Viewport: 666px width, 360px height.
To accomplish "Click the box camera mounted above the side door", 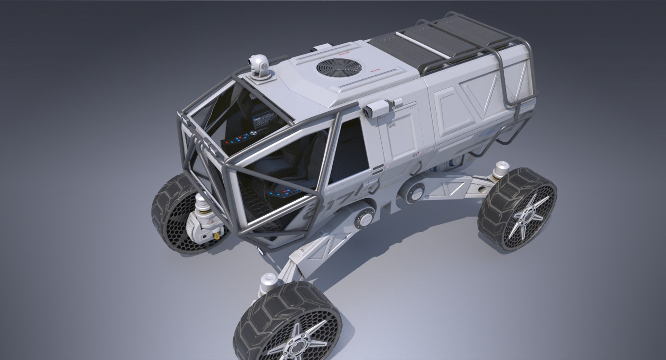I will tap(377, 108).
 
